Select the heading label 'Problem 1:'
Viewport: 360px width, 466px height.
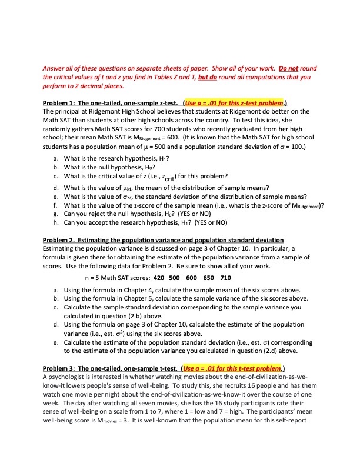click(x=63, y=101)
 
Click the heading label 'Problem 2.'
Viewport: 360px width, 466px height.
click(x=63, y=240)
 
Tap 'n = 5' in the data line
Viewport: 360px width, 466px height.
click(x=94, y=277)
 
